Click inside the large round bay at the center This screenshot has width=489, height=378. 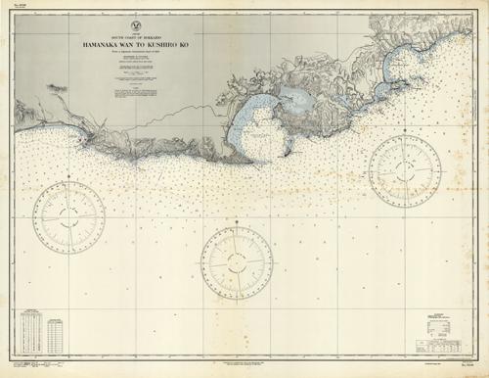pyautogui.click(x=258, y=132)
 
